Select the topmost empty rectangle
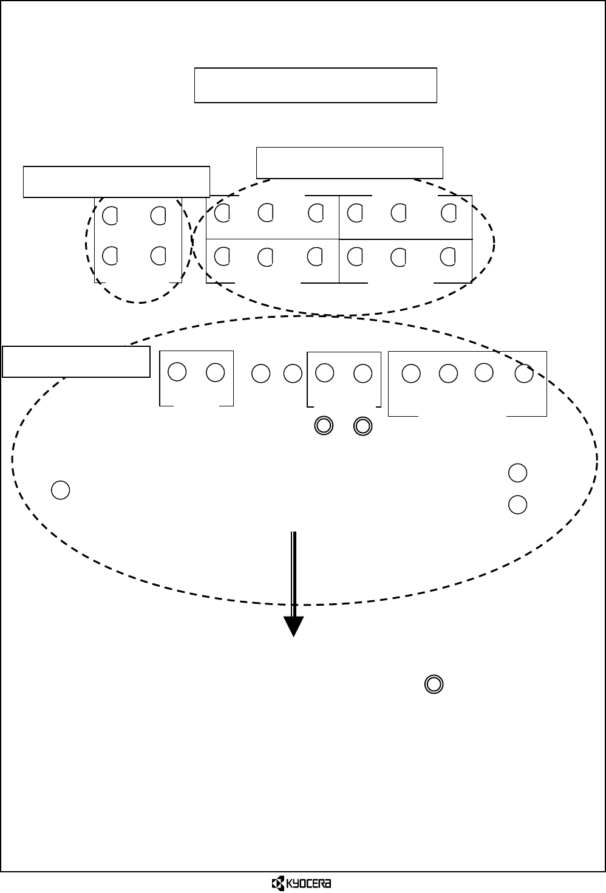[315, 85]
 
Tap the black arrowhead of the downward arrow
[294, 626]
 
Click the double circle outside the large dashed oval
[434, 685]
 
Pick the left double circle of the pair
[324, 426]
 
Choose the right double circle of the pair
[363, 426]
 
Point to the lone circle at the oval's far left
[60, 490]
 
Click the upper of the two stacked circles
[517, 472]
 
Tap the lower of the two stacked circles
[517, 504]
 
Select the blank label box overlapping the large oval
[76, 361]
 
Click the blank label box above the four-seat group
[116, 182]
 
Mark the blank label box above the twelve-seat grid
[349, 162]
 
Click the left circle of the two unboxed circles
[261, 374]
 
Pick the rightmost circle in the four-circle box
[524, 374]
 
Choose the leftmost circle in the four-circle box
[411, 374]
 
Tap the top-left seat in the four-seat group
[110, 215]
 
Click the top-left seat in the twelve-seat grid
[222, 213]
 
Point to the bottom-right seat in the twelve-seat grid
[448, 257]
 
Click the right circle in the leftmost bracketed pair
[216, 372]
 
